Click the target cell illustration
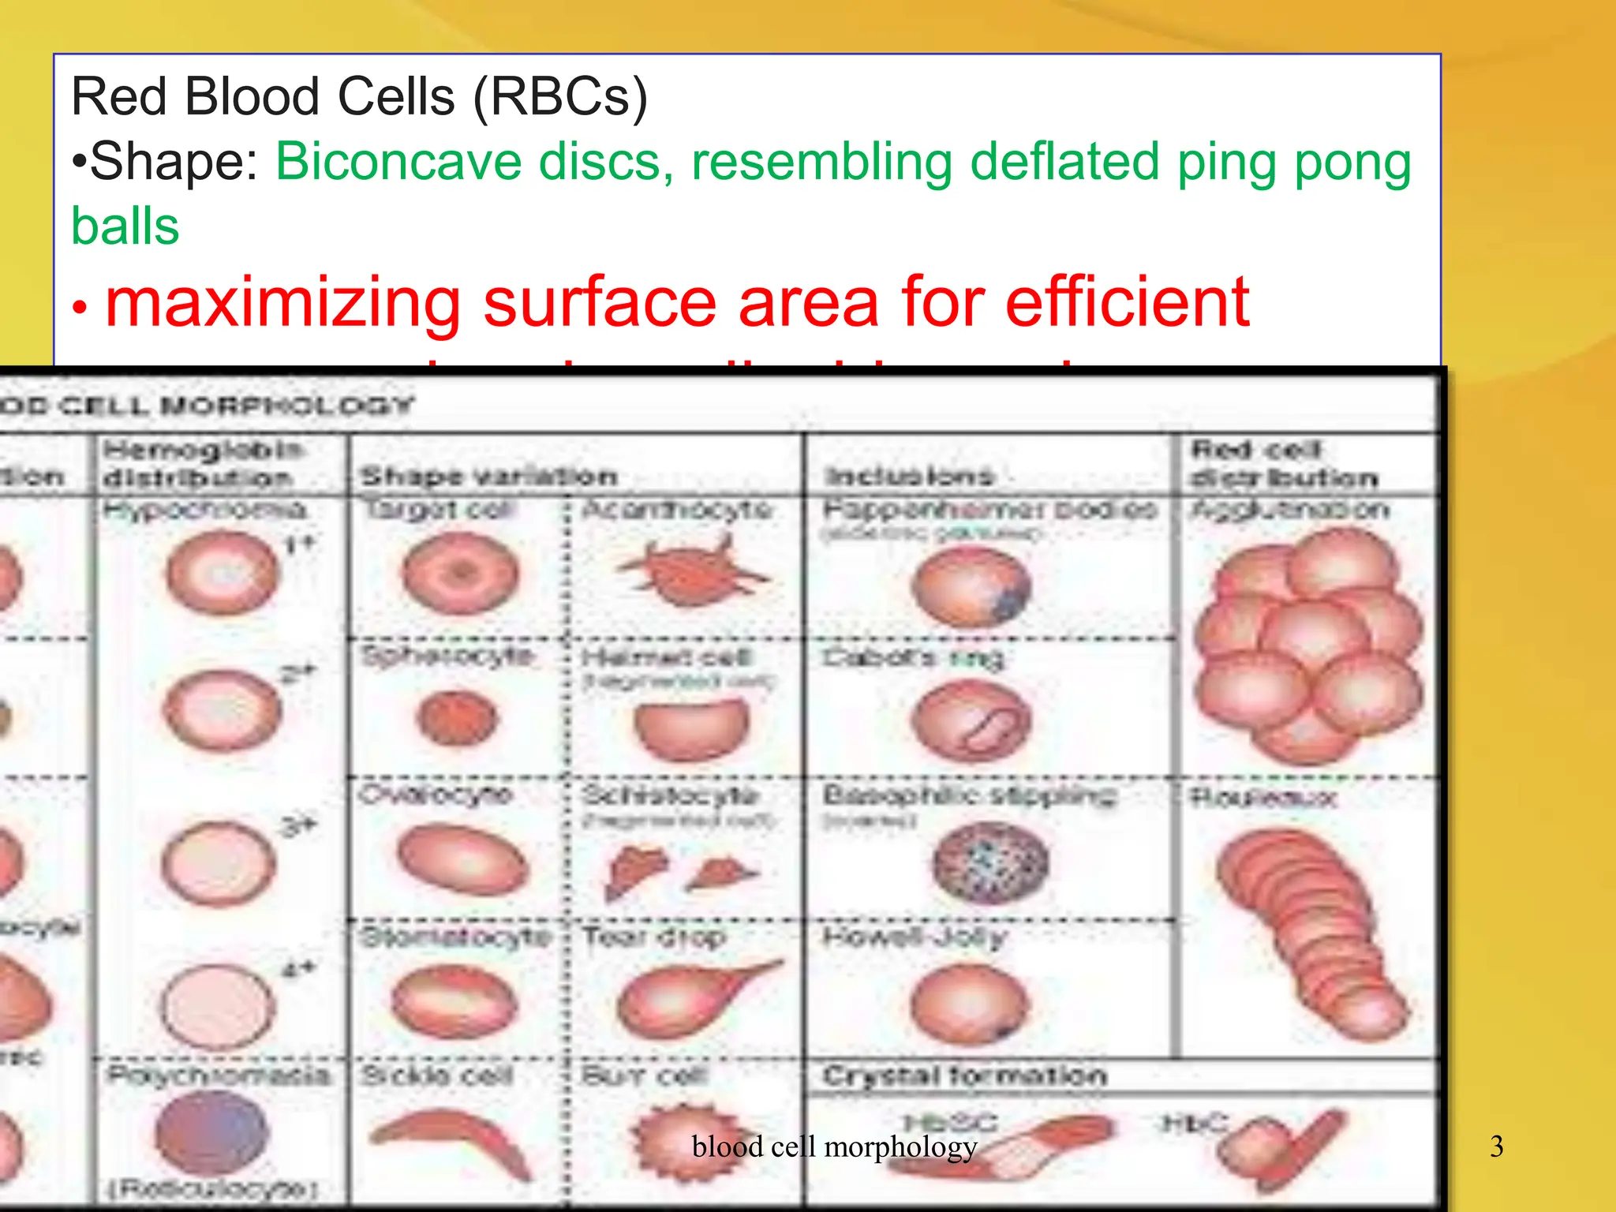[x=461, y=573]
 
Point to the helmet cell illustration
[x=691, y=728]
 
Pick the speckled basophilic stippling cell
[x=990, y=862]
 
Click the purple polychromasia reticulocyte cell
[x=212, y=1133]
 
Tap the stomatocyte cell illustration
[x=454, y=1001]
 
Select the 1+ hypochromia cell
[x=223, y=573]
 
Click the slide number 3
[x=1496, y=1147]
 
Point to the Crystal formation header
[x=964, y=1075]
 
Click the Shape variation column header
[x=488, y=476]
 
